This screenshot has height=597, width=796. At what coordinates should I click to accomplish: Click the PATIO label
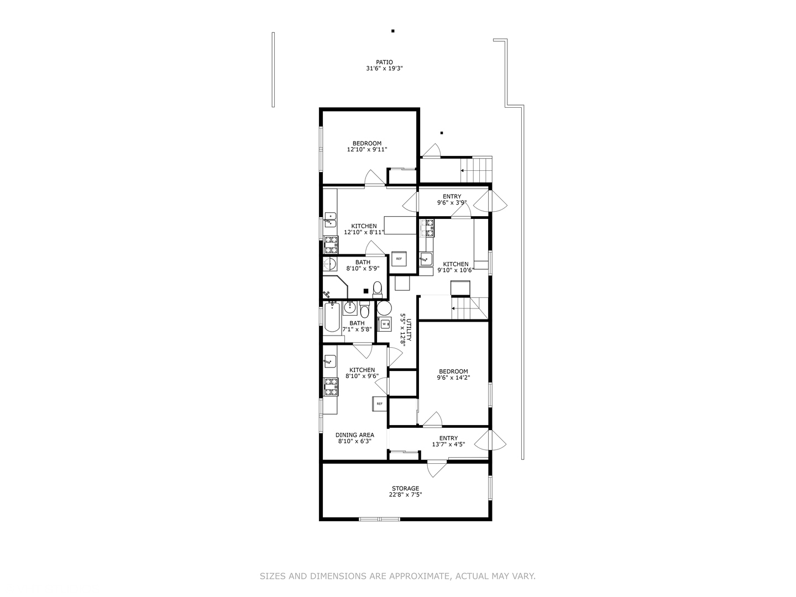(x=384, y=62)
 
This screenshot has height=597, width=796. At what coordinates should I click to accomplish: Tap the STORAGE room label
(x=405, y=489)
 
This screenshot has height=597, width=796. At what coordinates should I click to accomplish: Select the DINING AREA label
(x=354, y=435)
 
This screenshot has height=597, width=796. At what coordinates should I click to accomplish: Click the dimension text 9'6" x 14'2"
(x=453, y=378)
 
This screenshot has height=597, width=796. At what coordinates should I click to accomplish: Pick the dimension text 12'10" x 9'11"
(x=367, y=149)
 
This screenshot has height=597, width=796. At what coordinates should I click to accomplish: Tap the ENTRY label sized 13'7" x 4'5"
(x=448, y=438)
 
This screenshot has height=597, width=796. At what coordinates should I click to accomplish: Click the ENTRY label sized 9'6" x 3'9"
(x=452, y=196)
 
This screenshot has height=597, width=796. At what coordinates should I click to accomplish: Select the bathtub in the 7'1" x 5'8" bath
(x=332, y=317)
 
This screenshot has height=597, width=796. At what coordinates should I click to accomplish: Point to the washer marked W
(x=384, y=324)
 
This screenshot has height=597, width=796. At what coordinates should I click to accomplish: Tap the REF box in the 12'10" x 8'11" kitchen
(x=399, y=259)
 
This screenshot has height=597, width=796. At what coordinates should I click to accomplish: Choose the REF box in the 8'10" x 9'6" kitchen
(x=379, y=404)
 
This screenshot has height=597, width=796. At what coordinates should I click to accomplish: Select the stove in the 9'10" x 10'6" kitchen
(x=427, y=228)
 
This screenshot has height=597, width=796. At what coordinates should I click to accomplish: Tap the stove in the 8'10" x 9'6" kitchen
(x=331, y=387)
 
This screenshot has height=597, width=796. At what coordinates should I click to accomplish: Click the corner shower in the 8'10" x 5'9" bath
(x=336, y=287)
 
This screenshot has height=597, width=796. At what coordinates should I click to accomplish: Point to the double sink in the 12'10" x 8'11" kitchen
(x=331, y=219)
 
